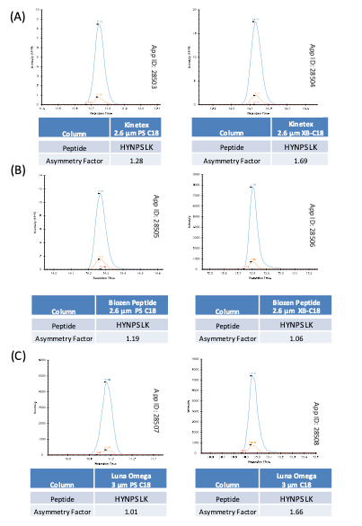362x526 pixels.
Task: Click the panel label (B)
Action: click(14, 169)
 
